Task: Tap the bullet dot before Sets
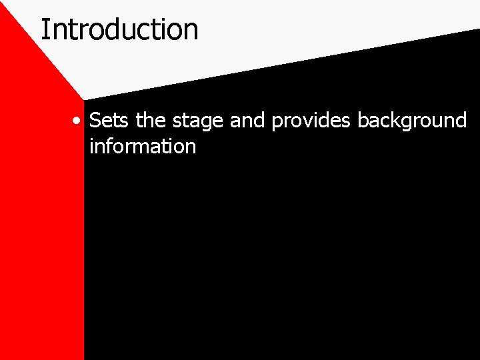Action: coord(78,122)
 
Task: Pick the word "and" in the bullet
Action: coord(249,121)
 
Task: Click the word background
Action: coord(411,121)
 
